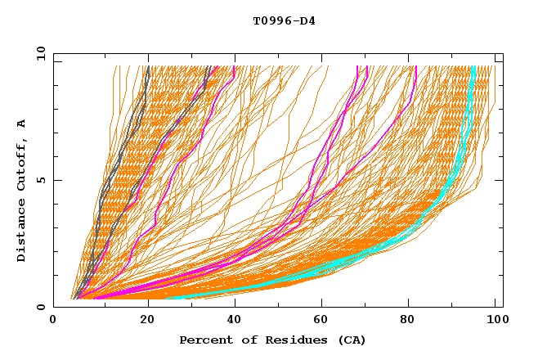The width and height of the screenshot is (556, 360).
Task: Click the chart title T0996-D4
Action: point(284,20)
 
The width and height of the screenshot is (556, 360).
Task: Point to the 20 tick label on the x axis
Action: point(142,320)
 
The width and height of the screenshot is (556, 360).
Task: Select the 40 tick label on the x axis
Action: point(231,320)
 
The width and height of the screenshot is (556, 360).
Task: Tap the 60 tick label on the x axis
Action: point(319,320)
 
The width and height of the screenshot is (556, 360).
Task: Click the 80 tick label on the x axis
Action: point(407,320)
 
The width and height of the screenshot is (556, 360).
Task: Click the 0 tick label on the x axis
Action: point(54,320)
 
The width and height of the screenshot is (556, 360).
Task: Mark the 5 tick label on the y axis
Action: point(40,180)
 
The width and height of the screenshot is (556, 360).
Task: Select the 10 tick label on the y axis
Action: point(37,53)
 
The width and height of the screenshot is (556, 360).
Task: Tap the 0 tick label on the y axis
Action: point(40,307)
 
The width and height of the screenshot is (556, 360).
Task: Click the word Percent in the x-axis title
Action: point(204,340)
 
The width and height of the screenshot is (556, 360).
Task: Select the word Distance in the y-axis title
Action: point(22,233)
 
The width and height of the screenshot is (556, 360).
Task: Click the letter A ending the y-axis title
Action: point(22,124)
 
